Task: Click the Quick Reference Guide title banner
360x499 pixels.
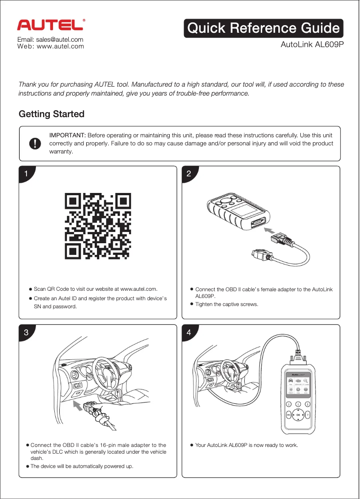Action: [x=263, y=28]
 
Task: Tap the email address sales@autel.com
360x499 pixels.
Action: [x=50, y=39]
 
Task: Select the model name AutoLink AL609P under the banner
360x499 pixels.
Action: [x=312, y=45]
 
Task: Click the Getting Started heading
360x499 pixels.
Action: [x=51, y=114]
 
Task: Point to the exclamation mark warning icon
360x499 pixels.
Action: [x=35, y=143]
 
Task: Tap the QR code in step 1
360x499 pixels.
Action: [x=98, y=227]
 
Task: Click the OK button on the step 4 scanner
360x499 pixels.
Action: [x=298, y=415]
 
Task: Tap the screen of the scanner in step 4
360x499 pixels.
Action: [x=298, y=384]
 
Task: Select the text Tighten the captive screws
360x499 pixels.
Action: [x=227, y=304]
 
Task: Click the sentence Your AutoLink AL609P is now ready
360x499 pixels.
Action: [x=246, y=445]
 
